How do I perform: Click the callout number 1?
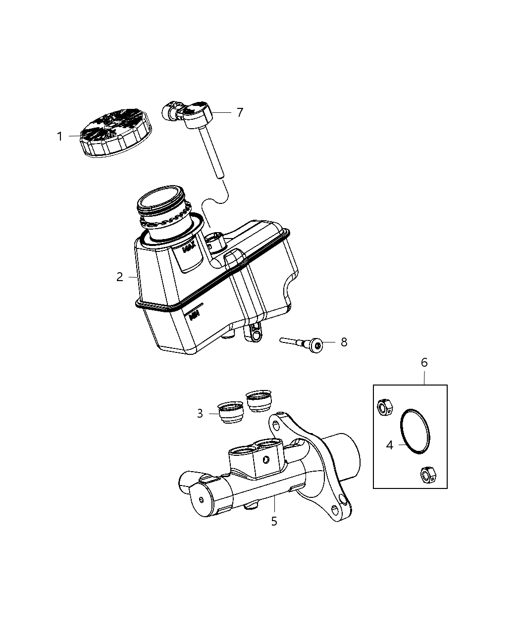pyautogui.click(x=59, y=136)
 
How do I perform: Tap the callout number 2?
pyautogui.click(x=120, y=277)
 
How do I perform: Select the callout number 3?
pyautogui.click(x=200, y=413)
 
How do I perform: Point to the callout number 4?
pyautogui.click(x=390, y=445)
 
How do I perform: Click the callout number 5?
pyautogui.click(x=274, y=521)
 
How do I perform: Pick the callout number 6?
pyautogui.click(x=424, y=363)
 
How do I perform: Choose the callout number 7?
pyautogui.click(x=240, y=112)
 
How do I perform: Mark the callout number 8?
pyautogui.click(x=344, y=342)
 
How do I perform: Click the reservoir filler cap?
pyautogui.click(x=116, y=134)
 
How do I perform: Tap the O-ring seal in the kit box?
pyautogui.click(x=415, y=431)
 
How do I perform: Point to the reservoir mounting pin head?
pyautogui.click(x=315, y=343)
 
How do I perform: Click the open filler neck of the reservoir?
pyautogui.click(x=160, y=198)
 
